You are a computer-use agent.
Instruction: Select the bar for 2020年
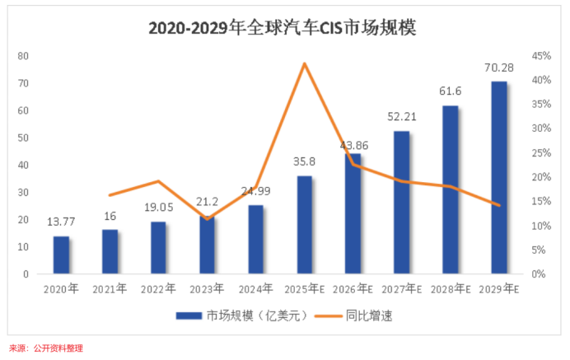(61, 255)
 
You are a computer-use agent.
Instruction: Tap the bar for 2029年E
(499, 177)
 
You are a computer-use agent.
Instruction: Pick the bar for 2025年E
(305, 225)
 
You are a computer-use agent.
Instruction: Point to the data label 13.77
(61, 222)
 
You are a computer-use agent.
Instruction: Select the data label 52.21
(401, 117)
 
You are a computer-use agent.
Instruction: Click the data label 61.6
(450, 92)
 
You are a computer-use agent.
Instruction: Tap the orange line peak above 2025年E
(305, 63)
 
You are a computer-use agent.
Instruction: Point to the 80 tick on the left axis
(23, 56)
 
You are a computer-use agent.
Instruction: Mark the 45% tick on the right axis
(540, 56)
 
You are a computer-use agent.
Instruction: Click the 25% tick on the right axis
(540, 153)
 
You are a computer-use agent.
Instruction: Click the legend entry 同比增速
(375, 315)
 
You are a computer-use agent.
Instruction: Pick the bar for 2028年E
(450, 189)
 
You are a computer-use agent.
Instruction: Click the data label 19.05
(158, 208)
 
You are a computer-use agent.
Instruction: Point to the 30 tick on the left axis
(23, 192)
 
